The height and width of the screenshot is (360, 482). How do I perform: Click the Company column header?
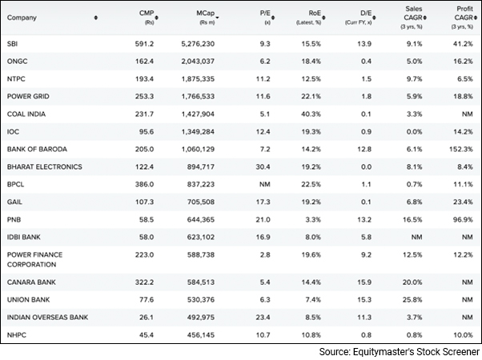tap(22, 18)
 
